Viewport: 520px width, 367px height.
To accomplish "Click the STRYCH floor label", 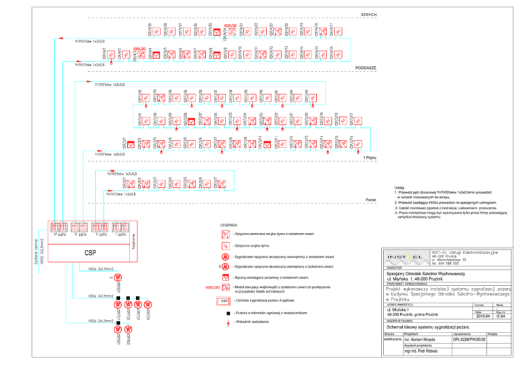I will (x=369, y=14).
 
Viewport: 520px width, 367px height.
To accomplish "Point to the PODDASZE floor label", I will (x=366, y=69).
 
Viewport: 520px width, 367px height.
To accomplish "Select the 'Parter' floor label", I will (x=370, y=199).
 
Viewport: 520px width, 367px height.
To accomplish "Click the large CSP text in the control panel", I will (x=90, y=252).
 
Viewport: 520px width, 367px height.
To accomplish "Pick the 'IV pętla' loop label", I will (x=58, y=235).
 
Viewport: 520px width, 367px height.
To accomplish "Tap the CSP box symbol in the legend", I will (x=225, y=299).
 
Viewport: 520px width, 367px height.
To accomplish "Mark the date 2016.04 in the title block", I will (x=483, y=315).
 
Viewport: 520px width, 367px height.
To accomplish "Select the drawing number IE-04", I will (x=499, y=315).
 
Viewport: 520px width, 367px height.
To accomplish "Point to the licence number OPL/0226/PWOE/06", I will (x=469, y=341).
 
